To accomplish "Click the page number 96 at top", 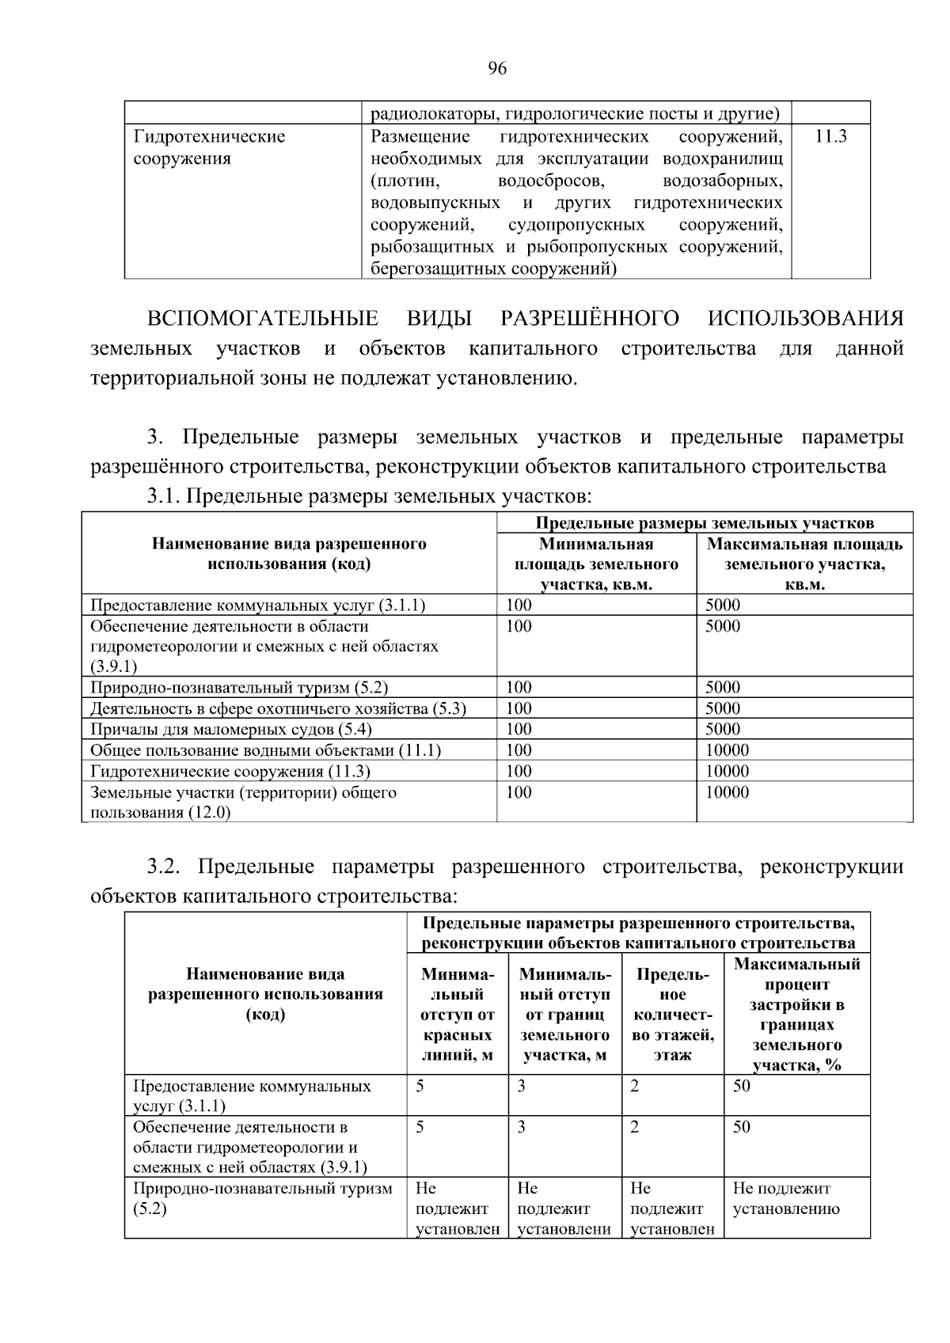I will [x=497, y=69].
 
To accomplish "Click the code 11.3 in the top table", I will [x=830, y=137].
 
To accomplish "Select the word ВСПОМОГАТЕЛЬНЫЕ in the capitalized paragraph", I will [x=263, y=319].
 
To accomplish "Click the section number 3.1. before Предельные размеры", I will [x=164, y=497].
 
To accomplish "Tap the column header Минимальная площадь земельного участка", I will [x=596, y=564].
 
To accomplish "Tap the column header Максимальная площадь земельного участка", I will [x=804, y=564].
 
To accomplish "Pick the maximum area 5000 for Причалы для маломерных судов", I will [x=723, y=729].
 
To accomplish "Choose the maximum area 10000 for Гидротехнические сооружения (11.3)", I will [x=727, y=771].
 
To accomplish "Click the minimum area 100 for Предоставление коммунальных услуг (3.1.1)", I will [x=519, y=605].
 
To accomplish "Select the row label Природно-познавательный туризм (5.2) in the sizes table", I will [x=239, y=688].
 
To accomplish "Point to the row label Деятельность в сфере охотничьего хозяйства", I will [x=278, y=708].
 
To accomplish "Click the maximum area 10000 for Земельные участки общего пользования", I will [x=727, y=792].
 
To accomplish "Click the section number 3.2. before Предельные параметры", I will [x=164, y=867].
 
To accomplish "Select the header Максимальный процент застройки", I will [x=796, y=1014].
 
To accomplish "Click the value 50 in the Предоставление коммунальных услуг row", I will [x=741, y=1086].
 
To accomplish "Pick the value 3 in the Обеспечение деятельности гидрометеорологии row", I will [x=521, y=1127].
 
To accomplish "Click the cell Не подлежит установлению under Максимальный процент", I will [x=785, y=1198].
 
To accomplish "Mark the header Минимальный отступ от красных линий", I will [x=458, y=1014].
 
